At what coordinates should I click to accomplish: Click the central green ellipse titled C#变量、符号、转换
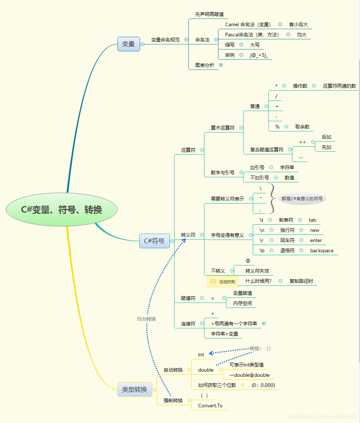point(61,210)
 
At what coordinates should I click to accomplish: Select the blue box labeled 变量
point(128,44)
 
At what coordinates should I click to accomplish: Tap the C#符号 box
point(154,241)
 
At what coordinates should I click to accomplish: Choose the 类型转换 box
point(135,390)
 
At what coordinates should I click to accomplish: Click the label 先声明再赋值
point(209,14)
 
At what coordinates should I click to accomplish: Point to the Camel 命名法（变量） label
point(248,24)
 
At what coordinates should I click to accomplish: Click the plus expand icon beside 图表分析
point(221,65)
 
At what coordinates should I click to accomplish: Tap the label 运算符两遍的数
point(339,86)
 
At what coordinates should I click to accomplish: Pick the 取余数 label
point(302,127)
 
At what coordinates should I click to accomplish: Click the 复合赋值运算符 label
point(267,149)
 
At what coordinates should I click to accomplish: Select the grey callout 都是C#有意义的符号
point(302,199)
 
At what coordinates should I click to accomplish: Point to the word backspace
point(322,250)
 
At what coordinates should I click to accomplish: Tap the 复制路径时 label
point(301,281)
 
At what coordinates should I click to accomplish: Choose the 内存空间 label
point(243,303)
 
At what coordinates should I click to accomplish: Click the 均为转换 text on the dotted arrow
point(146,319)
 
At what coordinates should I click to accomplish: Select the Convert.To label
point(210,406)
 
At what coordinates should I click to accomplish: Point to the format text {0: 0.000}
point(263,385)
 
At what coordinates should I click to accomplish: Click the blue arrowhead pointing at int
point(211,353)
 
